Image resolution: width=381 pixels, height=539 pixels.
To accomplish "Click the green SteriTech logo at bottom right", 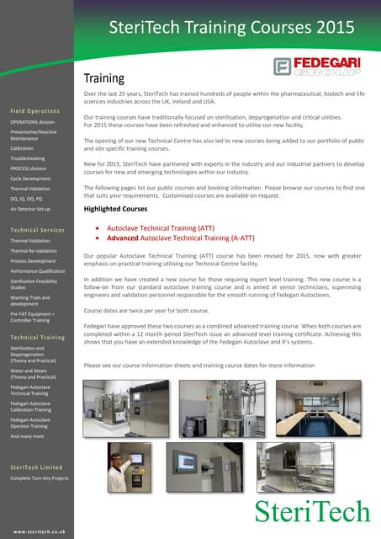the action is click(x=312, y=510).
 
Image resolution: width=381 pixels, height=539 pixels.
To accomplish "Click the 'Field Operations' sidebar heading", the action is click(x=35, y=111).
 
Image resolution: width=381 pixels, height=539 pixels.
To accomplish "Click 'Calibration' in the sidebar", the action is click(x=22, y=147).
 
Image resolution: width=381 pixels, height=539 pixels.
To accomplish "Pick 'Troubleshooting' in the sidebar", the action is click(x=28, y=158).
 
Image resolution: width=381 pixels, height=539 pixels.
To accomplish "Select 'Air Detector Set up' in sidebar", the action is click(x=30, y=207).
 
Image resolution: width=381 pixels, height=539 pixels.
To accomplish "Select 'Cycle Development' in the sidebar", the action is click(x=30, y=179).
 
